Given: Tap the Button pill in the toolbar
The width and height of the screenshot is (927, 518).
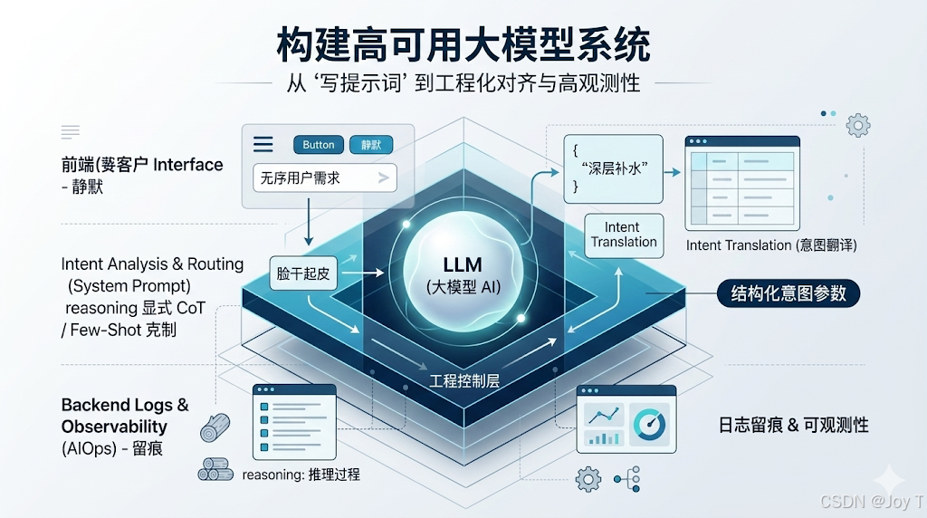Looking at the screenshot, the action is [318, 145].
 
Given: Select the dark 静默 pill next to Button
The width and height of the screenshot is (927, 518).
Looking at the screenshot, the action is [371, 145].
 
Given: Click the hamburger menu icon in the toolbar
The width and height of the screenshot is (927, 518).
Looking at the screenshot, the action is [263, 145].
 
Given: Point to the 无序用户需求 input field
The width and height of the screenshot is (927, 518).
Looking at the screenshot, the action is [324, 178].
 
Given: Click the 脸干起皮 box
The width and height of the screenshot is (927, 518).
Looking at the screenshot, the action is [303, 272].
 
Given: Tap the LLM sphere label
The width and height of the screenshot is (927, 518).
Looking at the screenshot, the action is [462, 266].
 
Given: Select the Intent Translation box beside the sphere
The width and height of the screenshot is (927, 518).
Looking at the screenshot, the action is [624, 235].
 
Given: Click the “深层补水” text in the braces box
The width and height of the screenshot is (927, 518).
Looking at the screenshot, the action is [614, 168].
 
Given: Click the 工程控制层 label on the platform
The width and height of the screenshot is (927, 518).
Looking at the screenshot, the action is [464, 379].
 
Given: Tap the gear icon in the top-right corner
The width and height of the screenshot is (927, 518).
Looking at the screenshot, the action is [857, 125].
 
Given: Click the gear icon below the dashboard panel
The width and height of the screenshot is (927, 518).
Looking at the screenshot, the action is [588, 478].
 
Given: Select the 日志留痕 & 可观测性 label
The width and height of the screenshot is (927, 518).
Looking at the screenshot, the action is [792, 425].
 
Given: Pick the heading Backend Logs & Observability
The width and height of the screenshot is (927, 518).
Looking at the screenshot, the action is [125, 416].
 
